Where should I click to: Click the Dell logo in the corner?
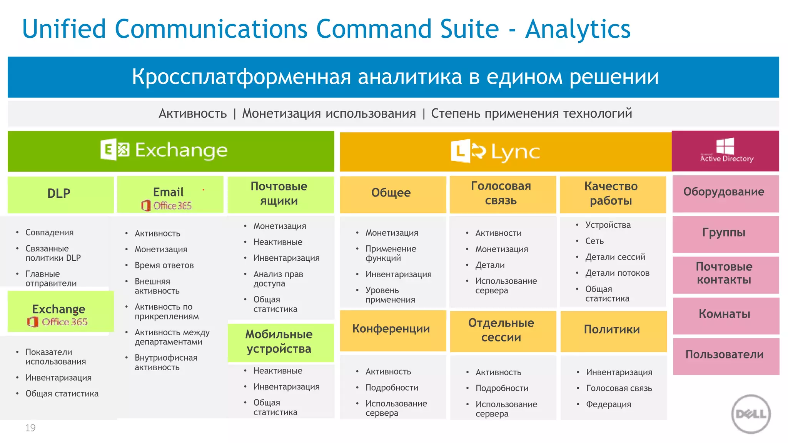point(751,414)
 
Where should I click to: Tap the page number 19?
point(30,428)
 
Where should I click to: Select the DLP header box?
point(60,194)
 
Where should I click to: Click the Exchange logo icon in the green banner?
point(115,150)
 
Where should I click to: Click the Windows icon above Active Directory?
point(725,146)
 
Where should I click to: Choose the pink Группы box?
point(725,233)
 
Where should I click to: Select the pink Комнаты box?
point(726,315)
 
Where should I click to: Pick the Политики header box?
point(613,330)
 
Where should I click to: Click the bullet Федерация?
point(608,405)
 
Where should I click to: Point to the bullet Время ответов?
point(164,265)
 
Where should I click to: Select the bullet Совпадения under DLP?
point(49,233)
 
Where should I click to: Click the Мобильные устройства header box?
point(280,342)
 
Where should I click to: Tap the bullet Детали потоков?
point(617,273)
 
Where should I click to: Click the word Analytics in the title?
point(578,29)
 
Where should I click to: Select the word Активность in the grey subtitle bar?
point(193,114)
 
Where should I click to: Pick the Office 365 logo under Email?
point(167,206)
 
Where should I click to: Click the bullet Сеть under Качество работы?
point(594,241)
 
